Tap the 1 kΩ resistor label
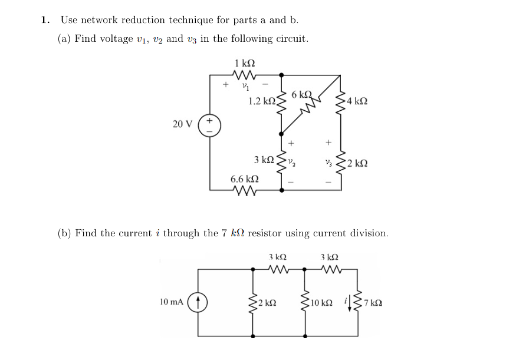tap(244, 63)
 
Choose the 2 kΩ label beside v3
tap(357, 163)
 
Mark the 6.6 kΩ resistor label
tap(244, 178)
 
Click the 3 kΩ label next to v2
tap(264, 160)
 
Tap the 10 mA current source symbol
tap(198, 303)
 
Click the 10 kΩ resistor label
tap(323, 303)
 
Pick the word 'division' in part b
tap(368, 233)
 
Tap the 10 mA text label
tap(171, 302)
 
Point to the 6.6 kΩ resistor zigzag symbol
tap(244, 190)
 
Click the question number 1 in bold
tap(45, 20)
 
